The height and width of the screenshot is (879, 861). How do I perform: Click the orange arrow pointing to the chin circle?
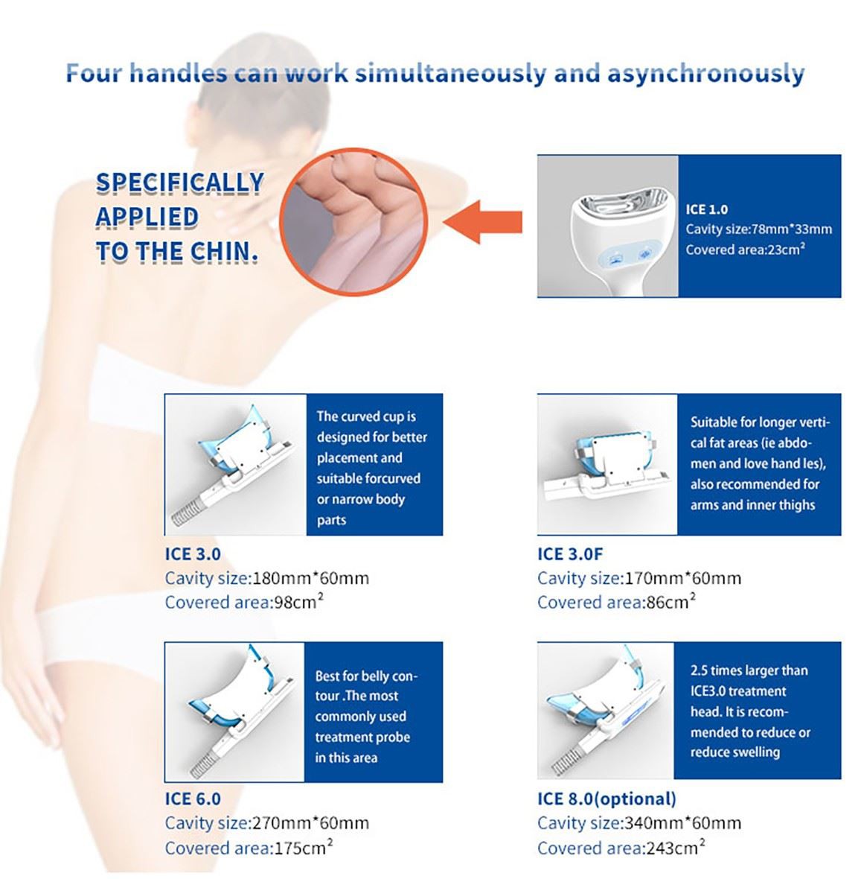pyautogui.click(x=483, y=222)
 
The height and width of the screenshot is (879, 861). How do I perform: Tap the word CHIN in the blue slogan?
pyautogui.click(x=224, y=252)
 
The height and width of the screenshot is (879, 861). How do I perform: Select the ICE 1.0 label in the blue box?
pyautogui.click(x=707, y=209)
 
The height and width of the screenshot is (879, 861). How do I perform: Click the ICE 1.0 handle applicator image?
pyautogui.click(x=607, y=226)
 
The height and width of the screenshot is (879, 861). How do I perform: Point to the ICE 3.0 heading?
pyautogui.click(x=193, y=554)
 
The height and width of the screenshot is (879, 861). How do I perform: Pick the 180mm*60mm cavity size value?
pyautogui.click(x=311, y=578)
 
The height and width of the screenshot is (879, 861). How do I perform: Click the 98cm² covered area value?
pyautogui.click(x=298, y=601)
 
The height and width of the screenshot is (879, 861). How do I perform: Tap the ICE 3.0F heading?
pyautogui.click(x=570, y=554)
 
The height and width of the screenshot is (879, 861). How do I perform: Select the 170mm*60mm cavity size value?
pyautogui.click(x=683, y=578)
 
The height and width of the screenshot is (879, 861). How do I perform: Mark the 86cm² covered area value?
pyautogui.click(x=670, y=601)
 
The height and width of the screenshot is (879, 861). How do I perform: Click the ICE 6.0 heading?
pyautogui.click(x=193, y=799)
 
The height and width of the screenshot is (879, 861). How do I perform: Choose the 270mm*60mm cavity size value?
pyautogui.click(x=311, y=822)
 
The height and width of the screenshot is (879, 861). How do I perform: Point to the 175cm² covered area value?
pyautogui.click(x=302, y=847)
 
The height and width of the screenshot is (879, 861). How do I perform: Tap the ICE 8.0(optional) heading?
pyautogui.click(x=606, y=799)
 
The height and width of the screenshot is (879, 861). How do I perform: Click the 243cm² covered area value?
pyautogui.click(x=674, y=847)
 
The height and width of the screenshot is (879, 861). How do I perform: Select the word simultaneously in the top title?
pyautogui.click(x=451, y=74)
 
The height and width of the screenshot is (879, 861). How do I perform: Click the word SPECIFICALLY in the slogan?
pyautogui.click(x=180, y=183)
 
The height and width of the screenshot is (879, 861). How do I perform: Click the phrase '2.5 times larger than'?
pyautogui.click(x=749, y=670)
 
